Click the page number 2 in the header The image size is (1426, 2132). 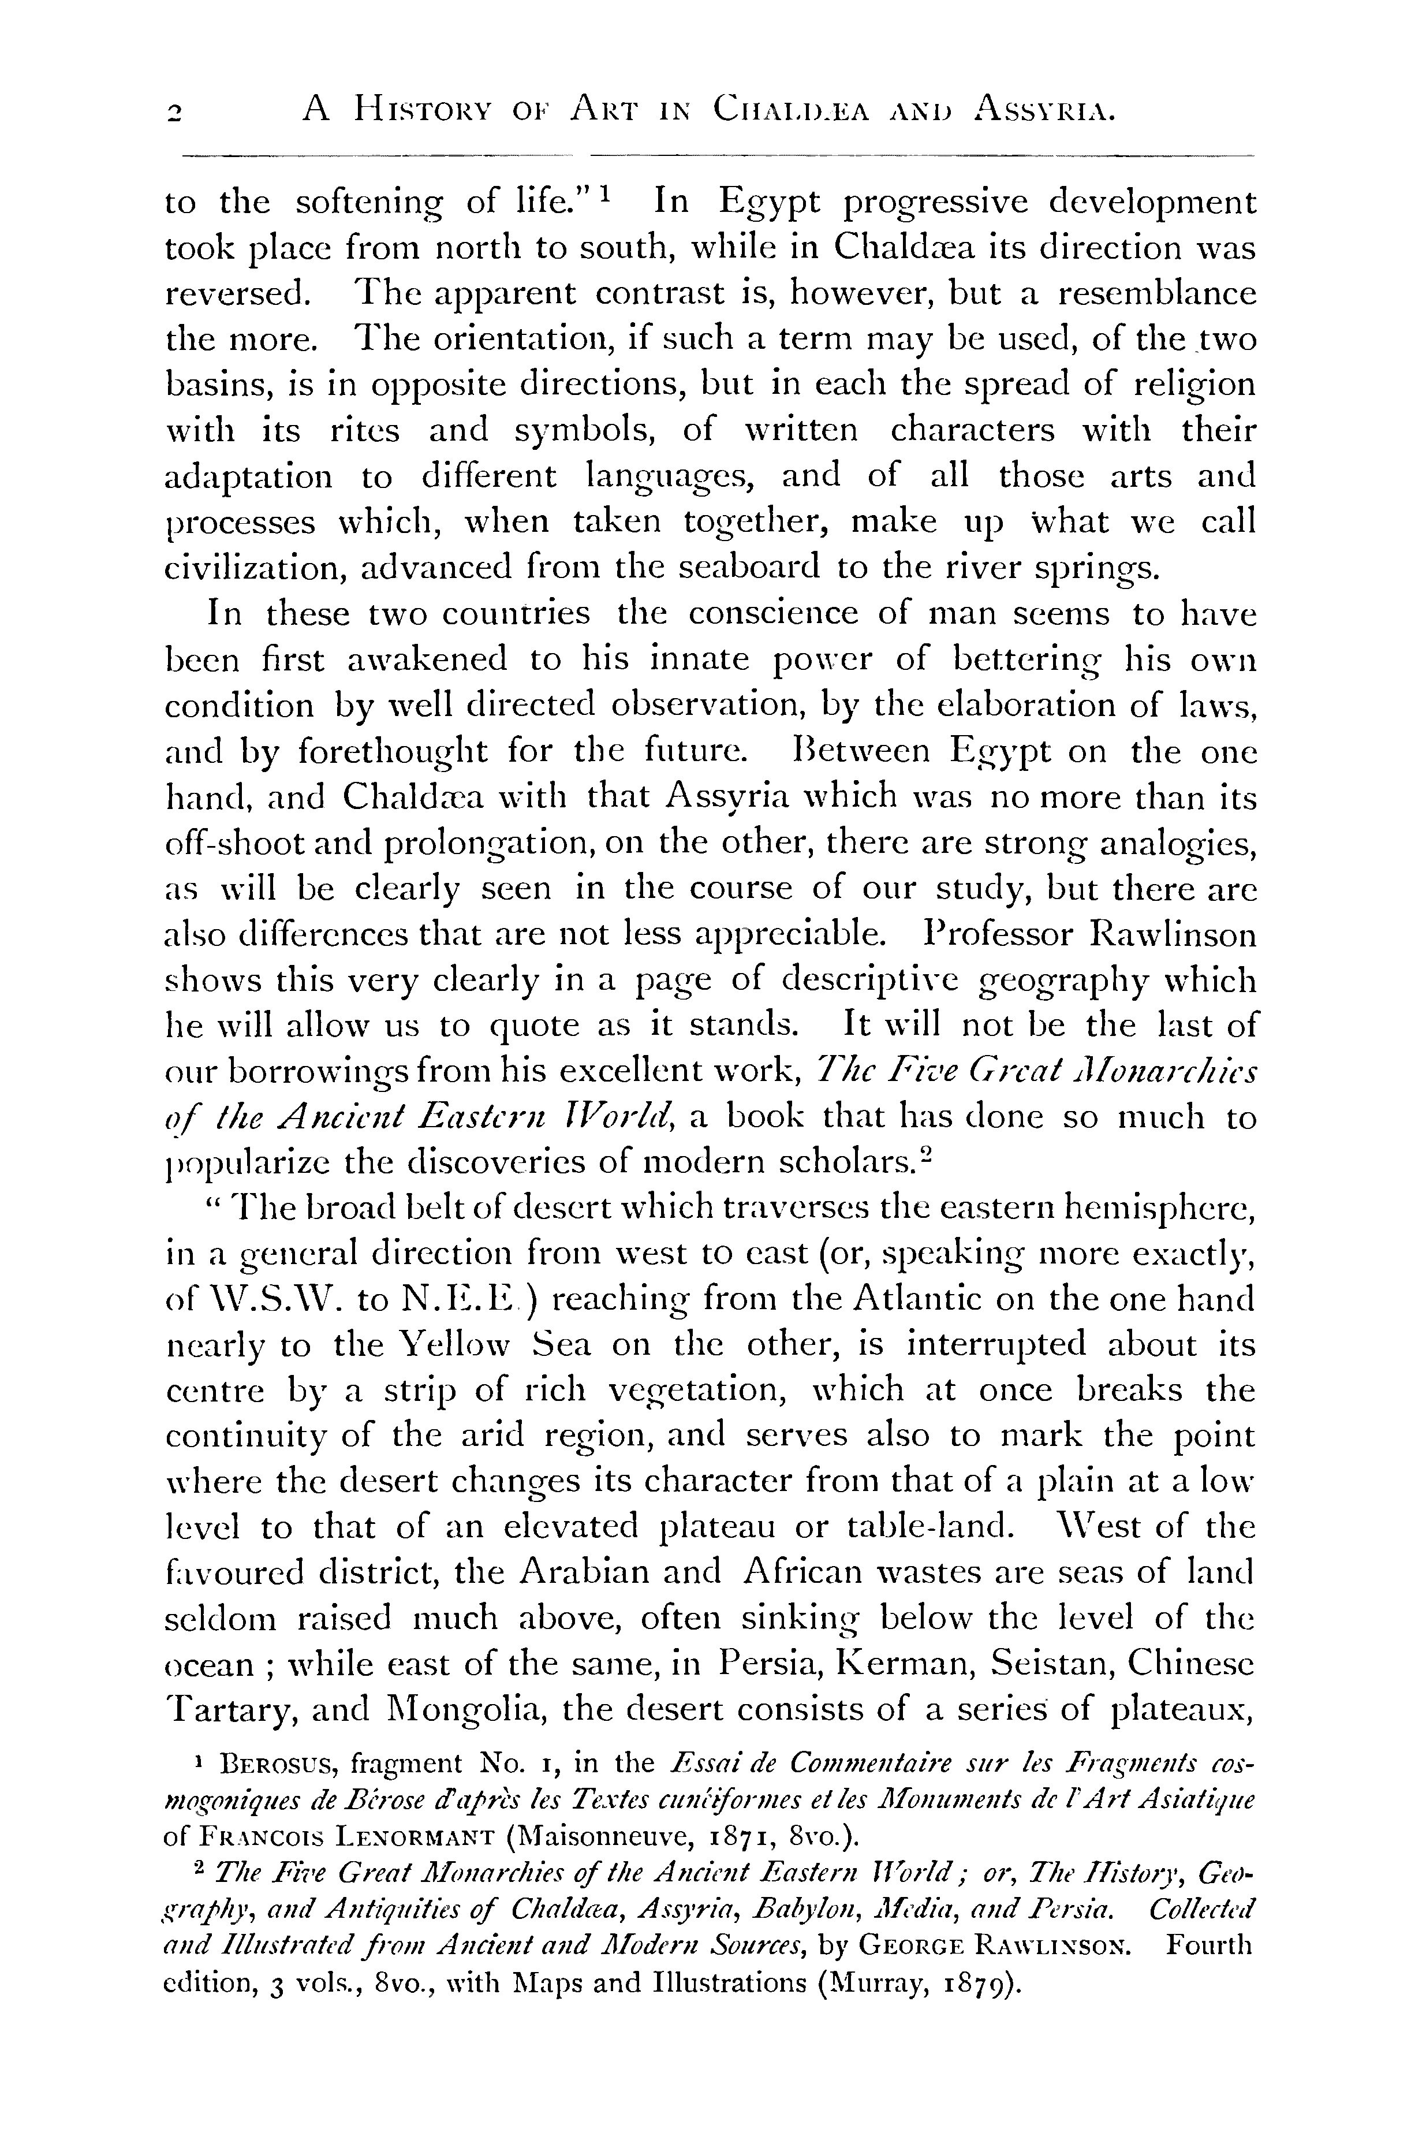174,113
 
